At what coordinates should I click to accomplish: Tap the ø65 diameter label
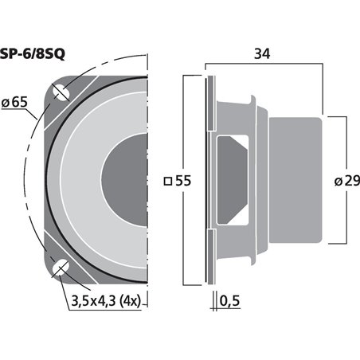click(x=16, y=101)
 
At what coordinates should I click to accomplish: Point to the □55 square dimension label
click(x=177, y=181)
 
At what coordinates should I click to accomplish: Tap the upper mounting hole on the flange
click(x=60, y=94)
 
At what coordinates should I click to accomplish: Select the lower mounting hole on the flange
click(x=60, y=268)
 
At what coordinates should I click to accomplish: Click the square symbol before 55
click(x=166, y=181)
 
